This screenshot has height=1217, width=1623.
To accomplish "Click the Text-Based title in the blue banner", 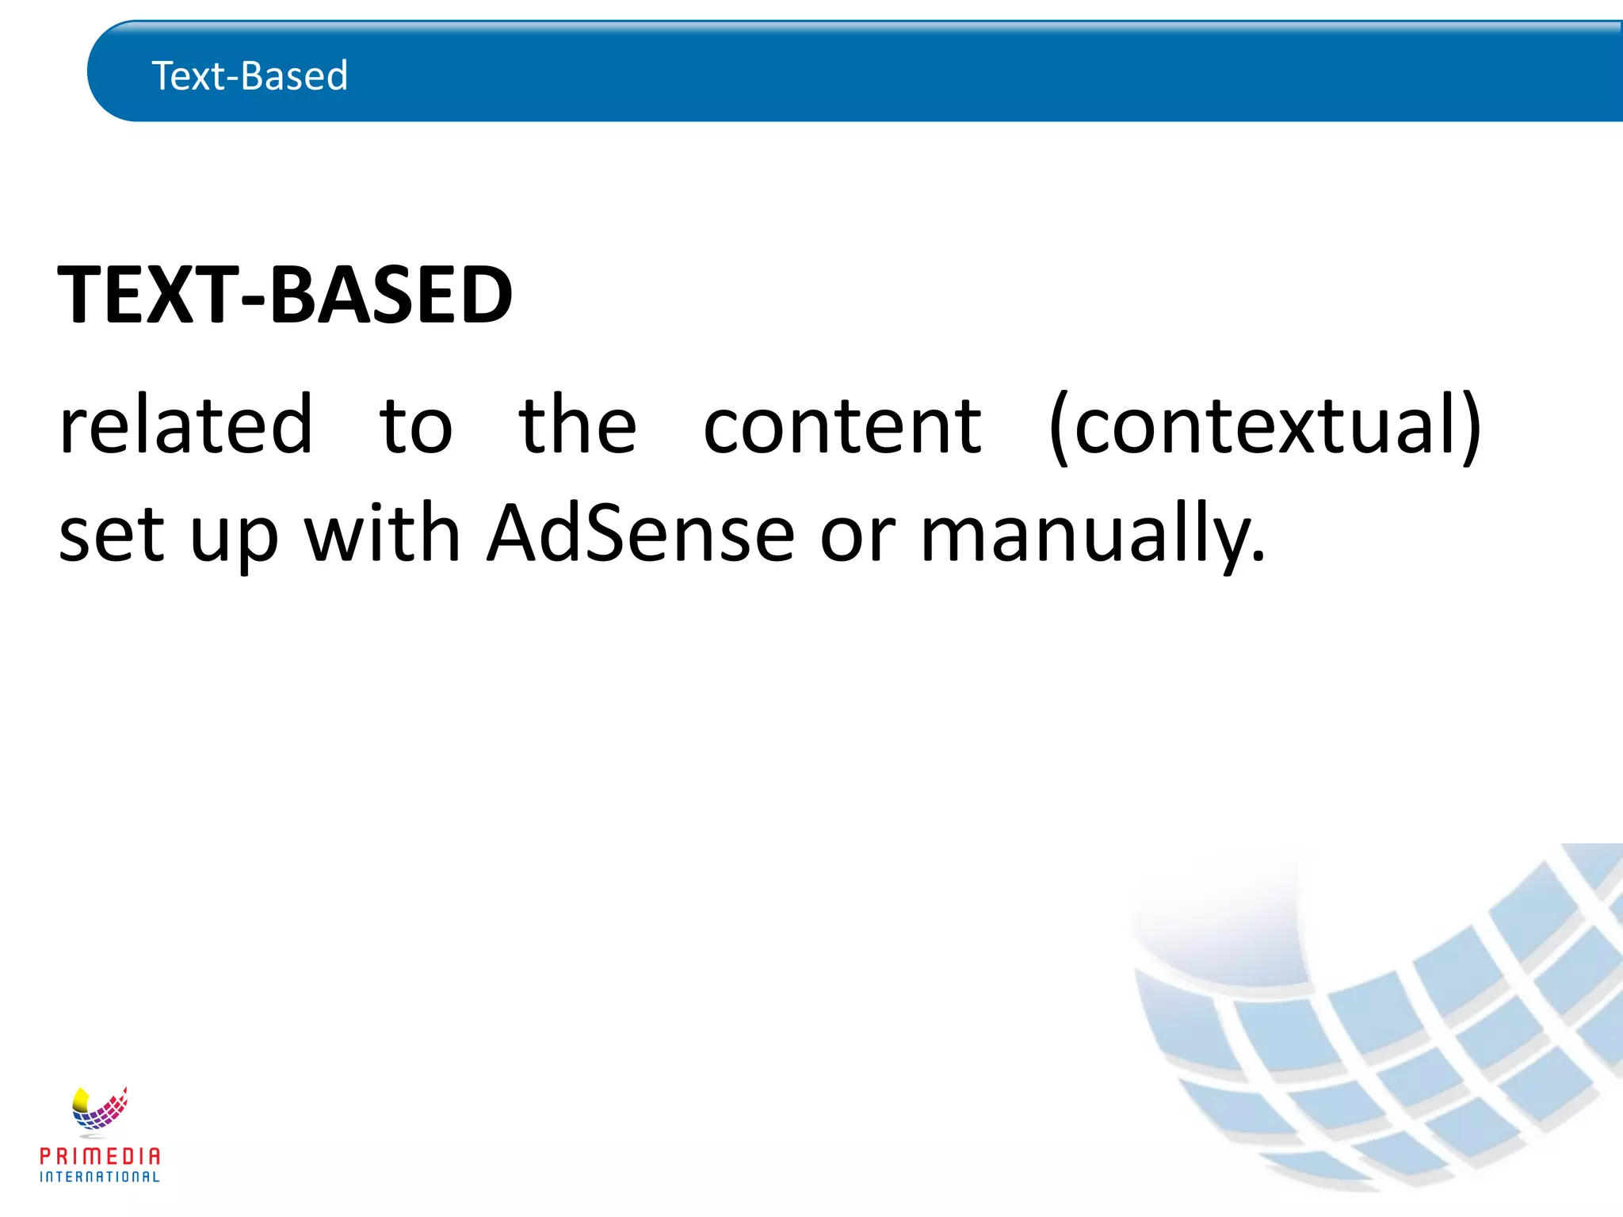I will point(250,76).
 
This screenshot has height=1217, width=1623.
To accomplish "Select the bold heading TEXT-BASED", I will point(285,295).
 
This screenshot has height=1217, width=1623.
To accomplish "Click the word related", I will point(186,425).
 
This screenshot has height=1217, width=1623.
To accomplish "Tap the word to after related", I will point(415,427).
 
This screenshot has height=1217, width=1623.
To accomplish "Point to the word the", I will point(578,425).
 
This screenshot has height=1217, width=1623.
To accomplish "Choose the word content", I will point(842,427).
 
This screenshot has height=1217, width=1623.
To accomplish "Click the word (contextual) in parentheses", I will point(1265,427).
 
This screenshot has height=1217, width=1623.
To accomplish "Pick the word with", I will point(383,533).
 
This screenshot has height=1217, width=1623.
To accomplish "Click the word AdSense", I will point(640,533).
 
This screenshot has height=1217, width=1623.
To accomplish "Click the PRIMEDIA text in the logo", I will point(100,1157).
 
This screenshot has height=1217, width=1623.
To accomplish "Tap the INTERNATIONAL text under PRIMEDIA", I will point(100,1177).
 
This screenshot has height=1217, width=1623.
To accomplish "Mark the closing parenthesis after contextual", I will point(1471,427).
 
